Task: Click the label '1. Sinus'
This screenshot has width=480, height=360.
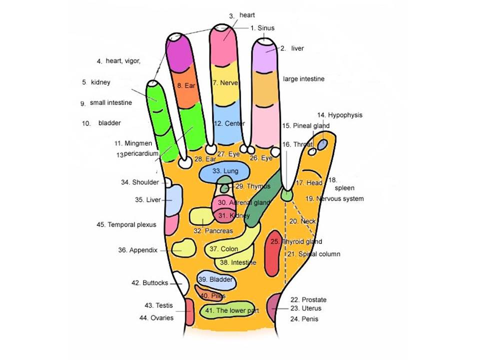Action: click(x=262, y=28)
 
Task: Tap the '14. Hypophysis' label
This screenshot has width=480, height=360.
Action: click(x=339, y=115)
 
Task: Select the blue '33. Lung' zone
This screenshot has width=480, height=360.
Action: click(x=225, y=171)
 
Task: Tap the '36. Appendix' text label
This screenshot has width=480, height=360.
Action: click(x=138, y=250)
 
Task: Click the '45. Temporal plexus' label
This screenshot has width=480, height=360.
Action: click(x=126, y=225)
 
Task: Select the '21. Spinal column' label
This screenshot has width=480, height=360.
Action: click(x=313, y=254)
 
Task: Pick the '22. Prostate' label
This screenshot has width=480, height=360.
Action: click(x=308, y=300)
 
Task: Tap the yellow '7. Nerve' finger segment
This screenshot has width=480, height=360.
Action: click(x=225, y=82)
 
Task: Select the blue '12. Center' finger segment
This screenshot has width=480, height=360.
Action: click(x=228, y=123)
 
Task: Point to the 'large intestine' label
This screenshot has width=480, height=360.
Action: click(x=303, y=79)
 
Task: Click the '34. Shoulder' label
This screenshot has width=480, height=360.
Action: click(x=140, y=182)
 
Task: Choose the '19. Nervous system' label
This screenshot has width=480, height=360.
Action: click(x=334, y=199)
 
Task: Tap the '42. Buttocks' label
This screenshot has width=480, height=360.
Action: click(x=150, y=283)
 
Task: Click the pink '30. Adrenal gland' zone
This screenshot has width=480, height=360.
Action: click(x=224, y=203)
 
